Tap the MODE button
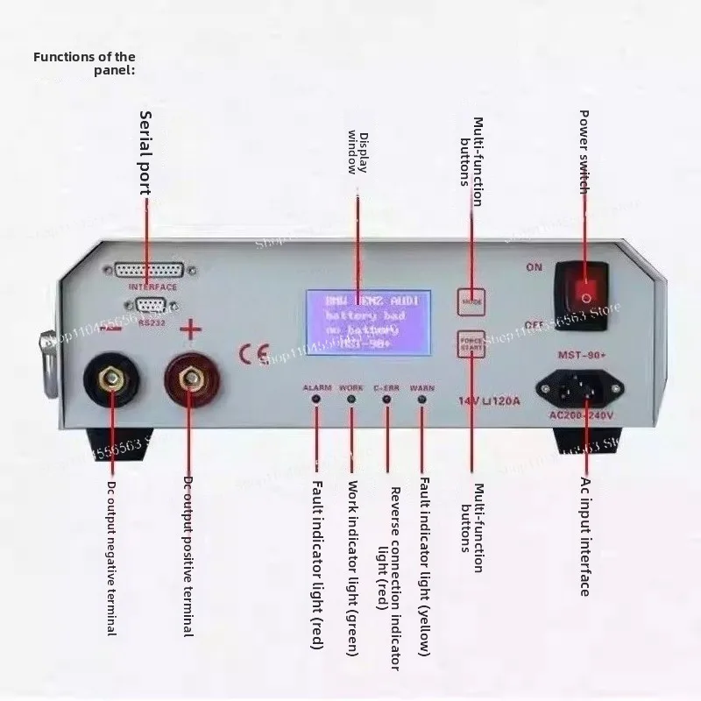(x=469, y=300)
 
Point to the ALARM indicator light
(x=315, y=400)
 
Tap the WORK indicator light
(x=351, y=400)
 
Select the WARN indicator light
(x=422, y=400)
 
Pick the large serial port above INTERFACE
(x=149, y=272)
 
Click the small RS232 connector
(x=150, y=305)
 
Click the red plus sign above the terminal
(x=190, y=330)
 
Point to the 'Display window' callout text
(x=357, y=152)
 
